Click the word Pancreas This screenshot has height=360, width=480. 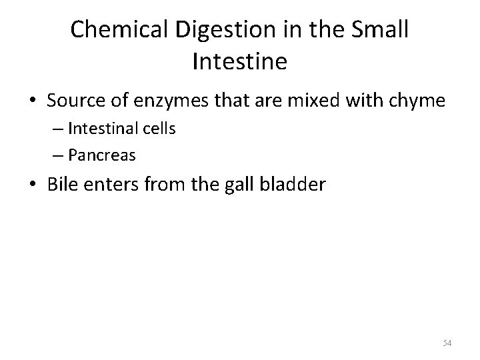[x=103, y=155]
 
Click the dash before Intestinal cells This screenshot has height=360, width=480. [x=56, y=129]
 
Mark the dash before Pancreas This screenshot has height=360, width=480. [x=56, y=156]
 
